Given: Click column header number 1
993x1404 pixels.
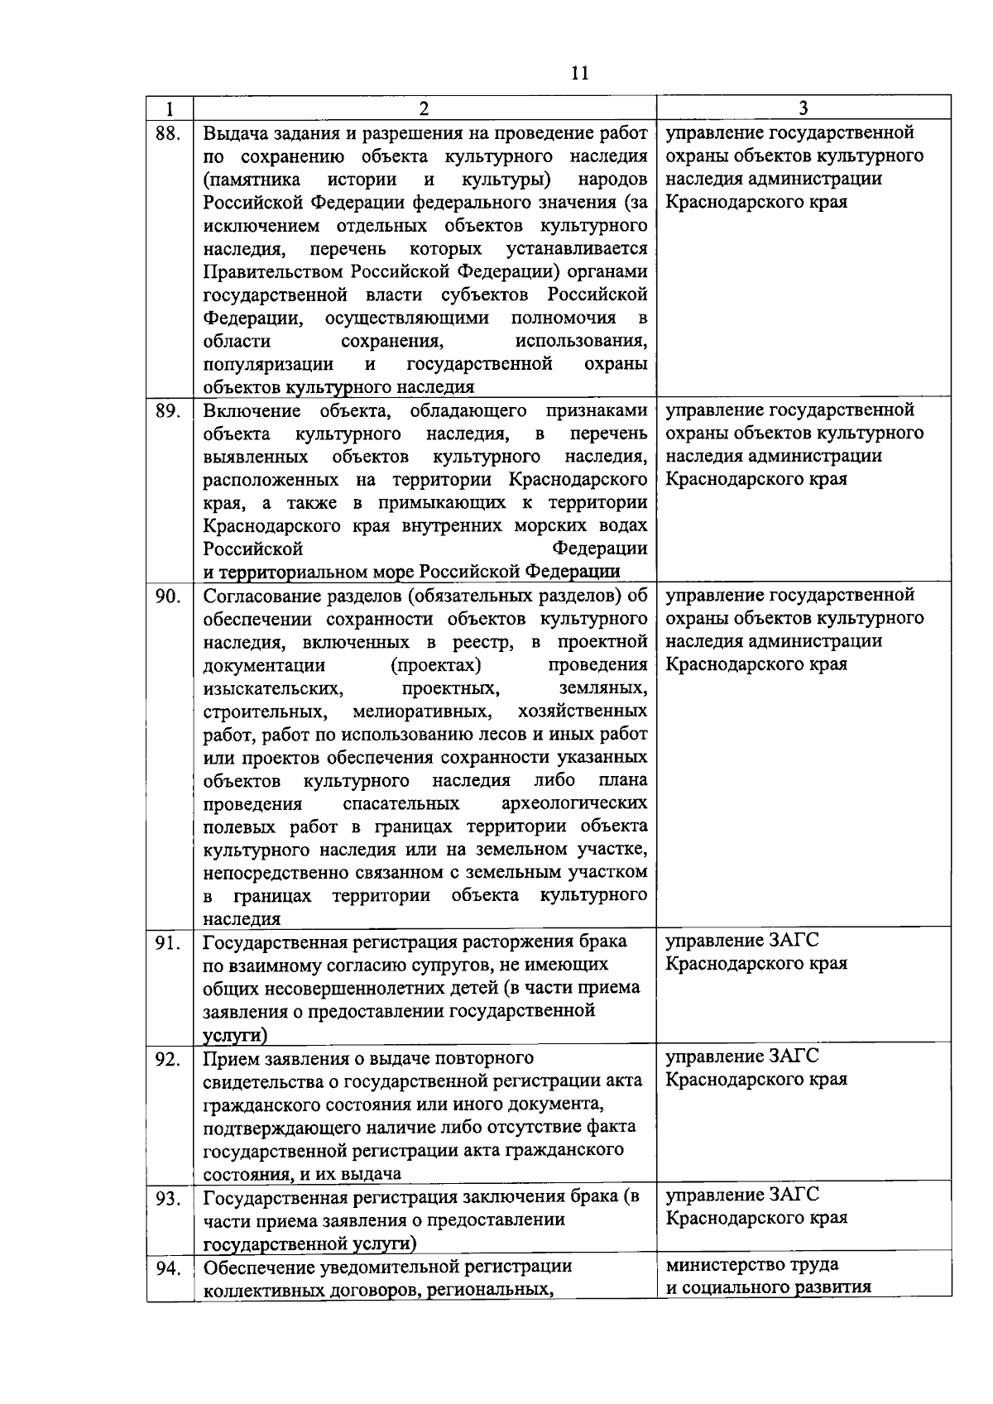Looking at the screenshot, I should (x=170, y=108).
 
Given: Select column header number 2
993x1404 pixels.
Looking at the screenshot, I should (x=424, y=108).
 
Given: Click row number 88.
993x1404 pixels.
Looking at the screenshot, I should (x=168, y=133).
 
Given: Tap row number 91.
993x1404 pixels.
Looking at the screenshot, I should (x=168, y=942).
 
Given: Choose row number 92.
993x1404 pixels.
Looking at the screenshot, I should (x=168, y=1059).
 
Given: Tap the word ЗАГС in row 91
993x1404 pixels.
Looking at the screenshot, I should (x=794, y=941).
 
